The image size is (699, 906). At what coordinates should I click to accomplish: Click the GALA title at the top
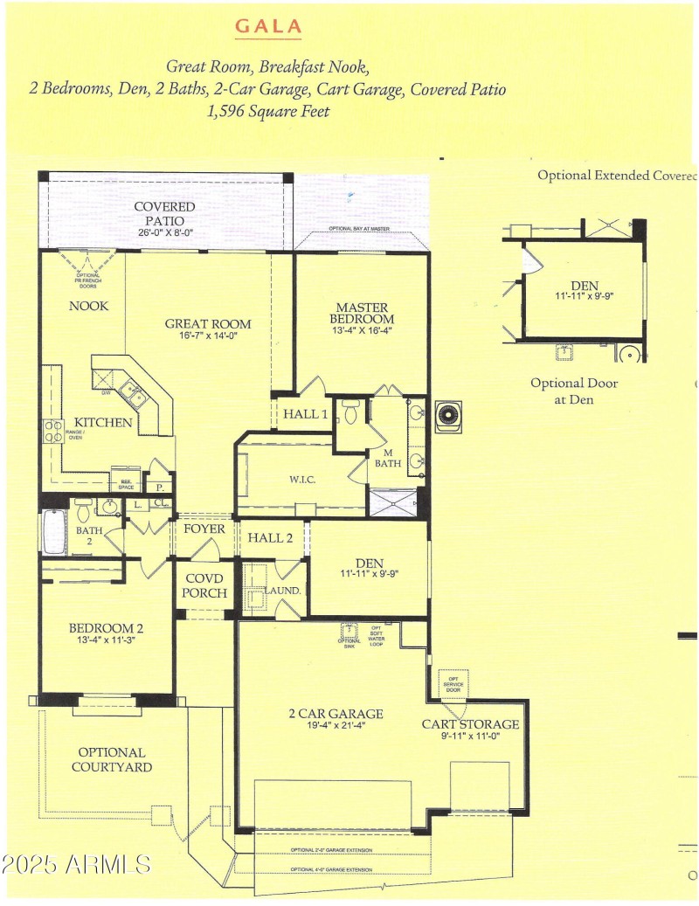[268, 26]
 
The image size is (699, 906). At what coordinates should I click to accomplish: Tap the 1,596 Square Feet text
[269, 112]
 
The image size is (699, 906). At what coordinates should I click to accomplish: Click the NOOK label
[89, 306]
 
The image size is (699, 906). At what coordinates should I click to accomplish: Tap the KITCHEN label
[103, 423]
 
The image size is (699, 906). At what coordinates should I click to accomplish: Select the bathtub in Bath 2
[55, 532]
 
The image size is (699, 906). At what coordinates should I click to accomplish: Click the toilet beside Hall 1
[351, 411]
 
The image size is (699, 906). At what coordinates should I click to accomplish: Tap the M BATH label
[388, 457]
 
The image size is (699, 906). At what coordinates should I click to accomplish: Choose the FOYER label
[204, 529]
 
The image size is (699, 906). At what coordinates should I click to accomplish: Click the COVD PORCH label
[204, 586]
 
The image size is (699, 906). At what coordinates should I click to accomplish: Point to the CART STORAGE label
[470, 724]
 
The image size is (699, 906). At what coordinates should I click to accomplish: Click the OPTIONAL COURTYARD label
[112, 759]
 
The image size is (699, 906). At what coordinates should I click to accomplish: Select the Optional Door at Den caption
[574, 391]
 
